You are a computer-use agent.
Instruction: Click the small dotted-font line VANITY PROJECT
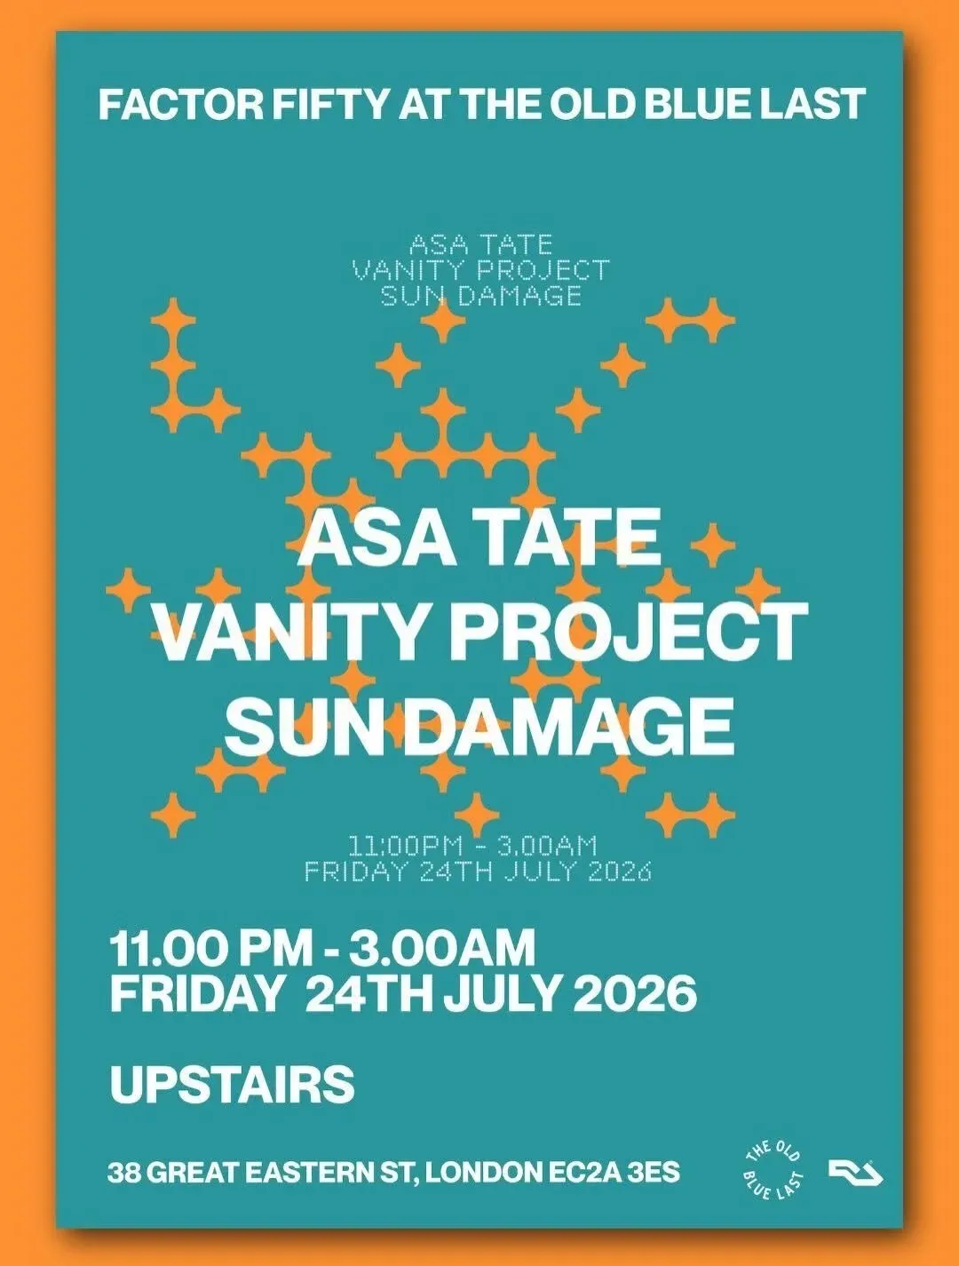[481, 270]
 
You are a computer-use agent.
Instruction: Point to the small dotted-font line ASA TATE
[481, 244]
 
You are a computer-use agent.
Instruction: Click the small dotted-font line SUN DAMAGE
[481, 296]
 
